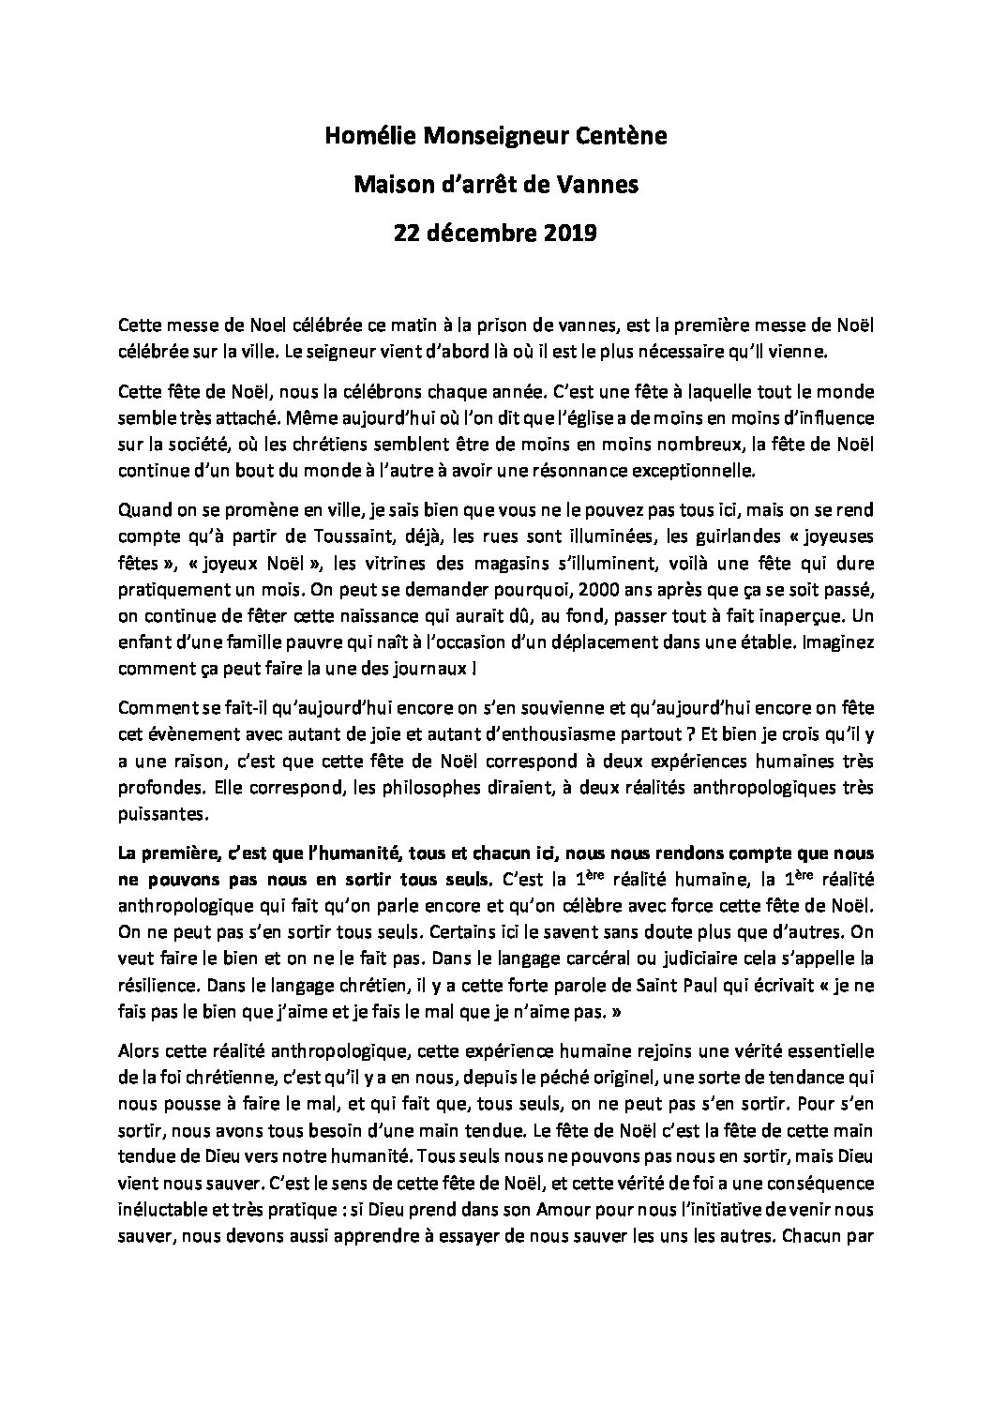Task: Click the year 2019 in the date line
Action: (566, 234)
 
